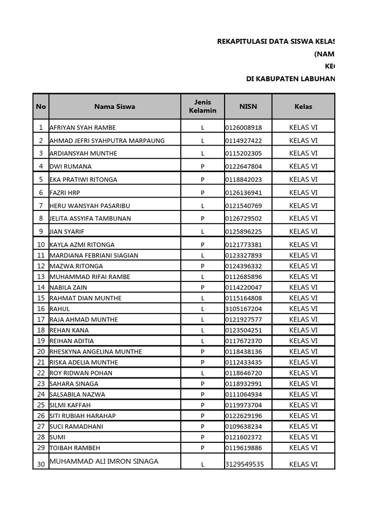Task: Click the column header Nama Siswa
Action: (x=114, y=107)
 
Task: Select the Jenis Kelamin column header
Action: (x=203, y=107)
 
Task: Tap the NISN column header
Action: (x=248, y=107)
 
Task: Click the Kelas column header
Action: (x=303, y=107)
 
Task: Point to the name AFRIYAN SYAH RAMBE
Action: (x=83, y=128)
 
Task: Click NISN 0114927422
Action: (x=243, y=140)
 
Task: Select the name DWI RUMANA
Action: (x=70, y=167)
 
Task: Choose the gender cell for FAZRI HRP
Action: (x=203, y=193)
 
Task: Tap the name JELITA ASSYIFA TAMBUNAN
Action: (x=90, y=219)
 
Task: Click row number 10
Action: (x=41, y=245)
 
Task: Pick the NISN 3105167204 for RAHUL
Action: (x=243, y=309)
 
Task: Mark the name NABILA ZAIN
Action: (x=68, y=288)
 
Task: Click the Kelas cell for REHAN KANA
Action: (x=303, y=330)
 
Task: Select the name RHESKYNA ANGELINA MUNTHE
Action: (x=96, y=352)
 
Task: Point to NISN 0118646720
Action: (x=243, y=373)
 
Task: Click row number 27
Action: (x=41, y=426)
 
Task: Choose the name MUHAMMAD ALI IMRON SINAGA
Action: (x=104, y=461)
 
